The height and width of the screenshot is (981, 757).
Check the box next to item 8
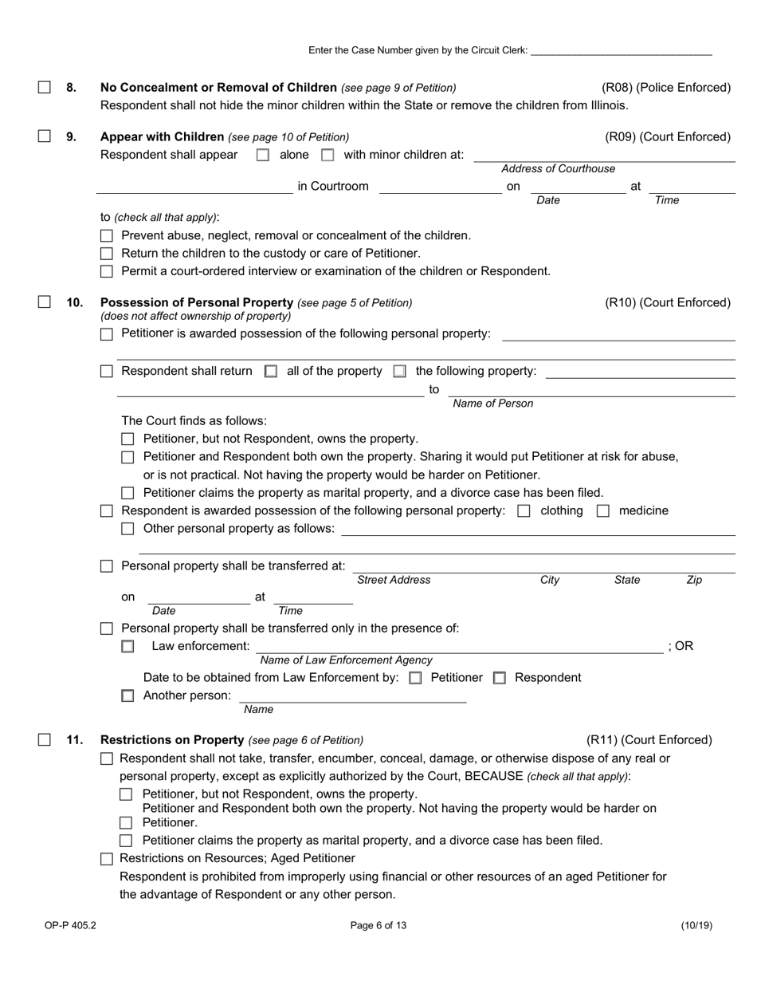click(x=45, y=88)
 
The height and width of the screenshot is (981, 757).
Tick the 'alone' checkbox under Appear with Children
click(x=263, y=156)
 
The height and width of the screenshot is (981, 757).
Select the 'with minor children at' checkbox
click(x=327, y=156)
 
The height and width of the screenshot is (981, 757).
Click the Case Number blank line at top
click(x=621, y=50)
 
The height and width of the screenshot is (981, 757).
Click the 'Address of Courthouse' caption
click(x=558, y=168)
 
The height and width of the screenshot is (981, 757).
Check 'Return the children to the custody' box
click(x=107, y=254)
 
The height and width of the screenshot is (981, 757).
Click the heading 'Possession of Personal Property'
click(x=196, y=302)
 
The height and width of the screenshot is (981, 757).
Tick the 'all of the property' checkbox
click(x=271, y=372)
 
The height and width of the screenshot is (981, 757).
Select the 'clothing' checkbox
click(x=524, y=511)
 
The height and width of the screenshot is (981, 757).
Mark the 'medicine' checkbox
click(x=603, y=511)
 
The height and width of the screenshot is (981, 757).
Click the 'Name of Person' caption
click(x=492, y=404)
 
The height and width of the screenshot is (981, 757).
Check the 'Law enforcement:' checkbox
click(x=127, y=647)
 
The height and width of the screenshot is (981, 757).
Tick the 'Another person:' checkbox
click(x=127, y=695)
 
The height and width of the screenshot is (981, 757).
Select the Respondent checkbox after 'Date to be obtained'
click(x=500, y=678)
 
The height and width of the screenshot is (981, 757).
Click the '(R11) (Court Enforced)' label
click(x=649, y=740)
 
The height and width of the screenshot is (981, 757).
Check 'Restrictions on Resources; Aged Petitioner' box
click(x=107, y=859)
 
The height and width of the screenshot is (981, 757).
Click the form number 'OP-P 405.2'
click(x=70, y=926)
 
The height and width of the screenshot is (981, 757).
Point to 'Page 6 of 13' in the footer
click(x=378, y=926)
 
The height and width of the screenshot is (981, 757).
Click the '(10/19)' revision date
click(x=696, y=926)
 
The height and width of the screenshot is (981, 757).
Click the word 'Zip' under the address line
click(x=694, y=580)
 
